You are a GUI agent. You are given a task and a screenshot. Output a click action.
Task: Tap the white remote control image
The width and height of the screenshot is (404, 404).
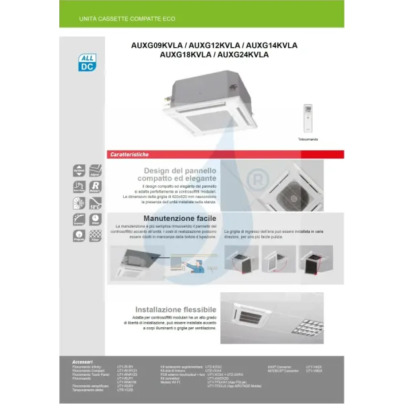click(308, 118)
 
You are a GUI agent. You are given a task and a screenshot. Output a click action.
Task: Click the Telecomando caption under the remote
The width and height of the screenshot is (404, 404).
click(308, 139)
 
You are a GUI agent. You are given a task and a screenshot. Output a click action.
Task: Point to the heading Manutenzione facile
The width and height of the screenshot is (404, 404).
click(179, 219)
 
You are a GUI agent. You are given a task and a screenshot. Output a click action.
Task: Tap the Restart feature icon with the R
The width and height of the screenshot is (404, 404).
click(96, 187)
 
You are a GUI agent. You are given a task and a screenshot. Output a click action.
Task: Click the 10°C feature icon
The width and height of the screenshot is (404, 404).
click(96, 203)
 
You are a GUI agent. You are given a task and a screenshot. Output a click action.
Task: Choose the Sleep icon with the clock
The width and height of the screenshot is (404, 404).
click(96, 219)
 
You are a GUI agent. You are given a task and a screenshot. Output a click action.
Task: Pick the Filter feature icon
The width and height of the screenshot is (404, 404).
click(96, 236)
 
